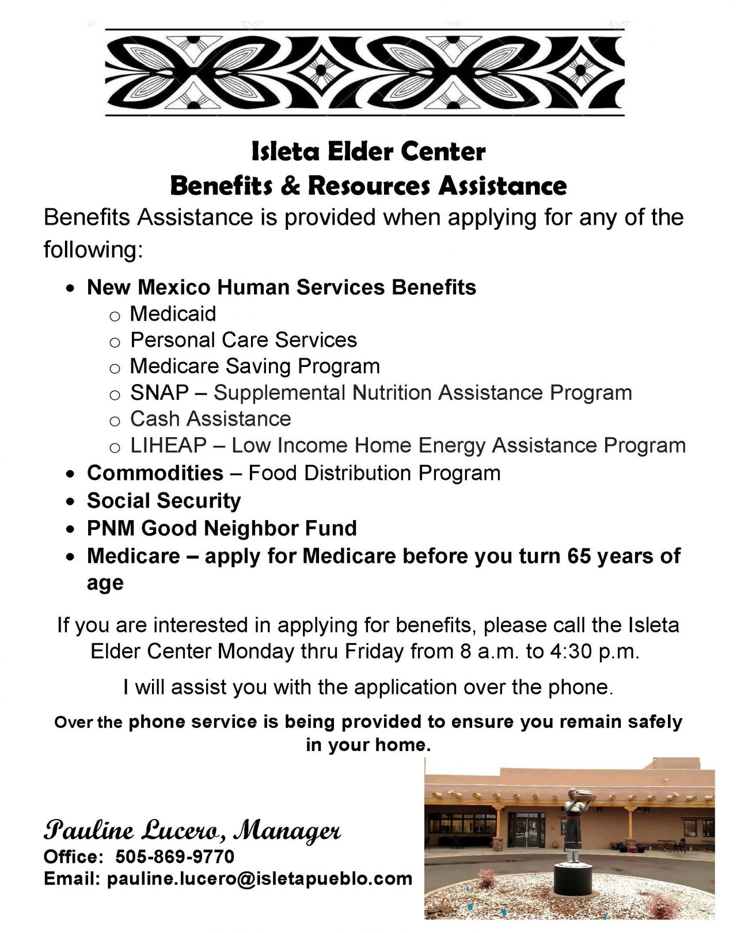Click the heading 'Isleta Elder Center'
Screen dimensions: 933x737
point(368,152)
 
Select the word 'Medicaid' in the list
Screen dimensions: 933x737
point(173,314)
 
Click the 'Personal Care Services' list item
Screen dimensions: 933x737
point(243,340)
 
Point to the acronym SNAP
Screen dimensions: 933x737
point(159,393)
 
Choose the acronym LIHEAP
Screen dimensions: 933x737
point(169,445)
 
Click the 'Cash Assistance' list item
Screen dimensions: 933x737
point(210,419)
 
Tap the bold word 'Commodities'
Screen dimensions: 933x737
point(155,473)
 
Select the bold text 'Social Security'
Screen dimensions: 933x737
point(164,500)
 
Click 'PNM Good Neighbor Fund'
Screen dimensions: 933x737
point(222,528)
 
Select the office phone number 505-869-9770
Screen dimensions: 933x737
point(175,856)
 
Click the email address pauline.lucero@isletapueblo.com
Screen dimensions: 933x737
point(260,879)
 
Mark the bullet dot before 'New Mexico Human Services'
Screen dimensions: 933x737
point(70,289)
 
